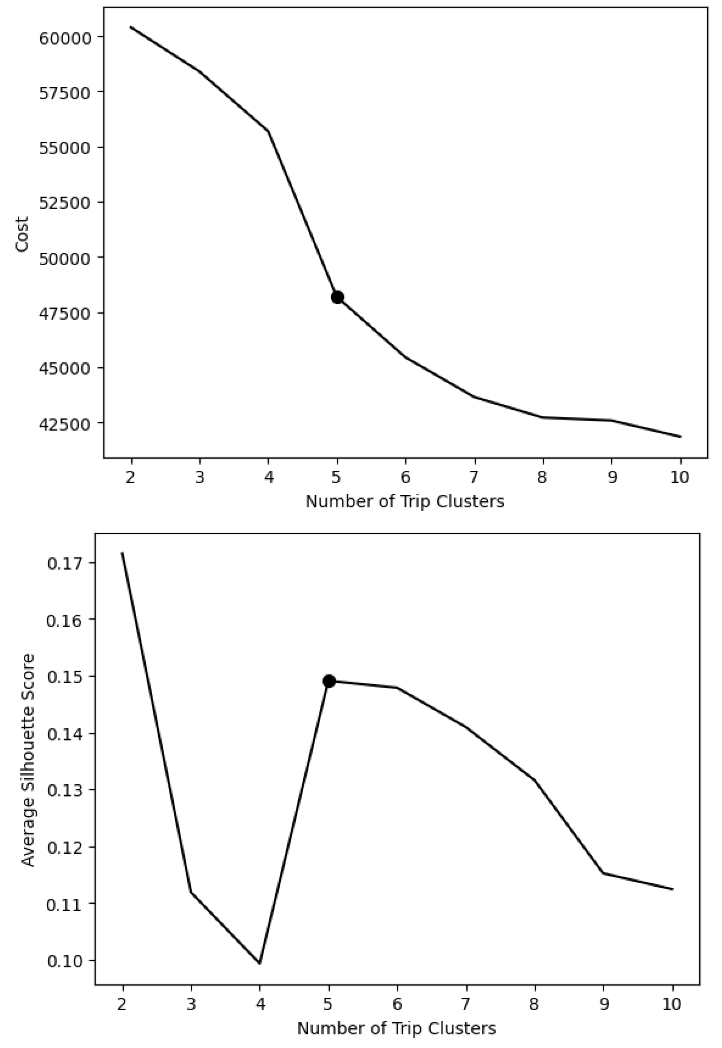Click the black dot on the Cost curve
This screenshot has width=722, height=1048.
(x=337, y=297)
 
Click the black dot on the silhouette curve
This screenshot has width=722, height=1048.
(x=329, y=681)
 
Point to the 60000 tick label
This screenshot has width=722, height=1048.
(x=66, y=37)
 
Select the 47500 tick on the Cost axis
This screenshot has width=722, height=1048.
(x=66, y=313)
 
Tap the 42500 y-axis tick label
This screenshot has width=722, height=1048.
(x=66, y=424)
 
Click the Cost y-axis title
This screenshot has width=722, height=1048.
(x=21, y=234)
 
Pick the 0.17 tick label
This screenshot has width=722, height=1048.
(x=62, y=564)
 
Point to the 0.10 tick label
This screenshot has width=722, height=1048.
(x=62, y=960)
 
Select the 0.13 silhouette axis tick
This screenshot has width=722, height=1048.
(x=62, y=790)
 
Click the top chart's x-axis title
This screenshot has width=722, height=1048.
(x=404, y=501)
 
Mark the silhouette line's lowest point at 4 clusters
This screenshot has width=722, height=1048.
(x=260, y=963)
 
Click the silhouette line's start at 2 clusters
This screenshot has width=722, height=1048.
(x=122, y=553)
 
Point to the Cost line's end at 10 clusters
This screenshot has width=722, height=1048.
(x=680, y=437)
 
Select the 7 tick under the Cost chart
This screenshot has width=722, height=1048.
(x=474, y=478)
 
